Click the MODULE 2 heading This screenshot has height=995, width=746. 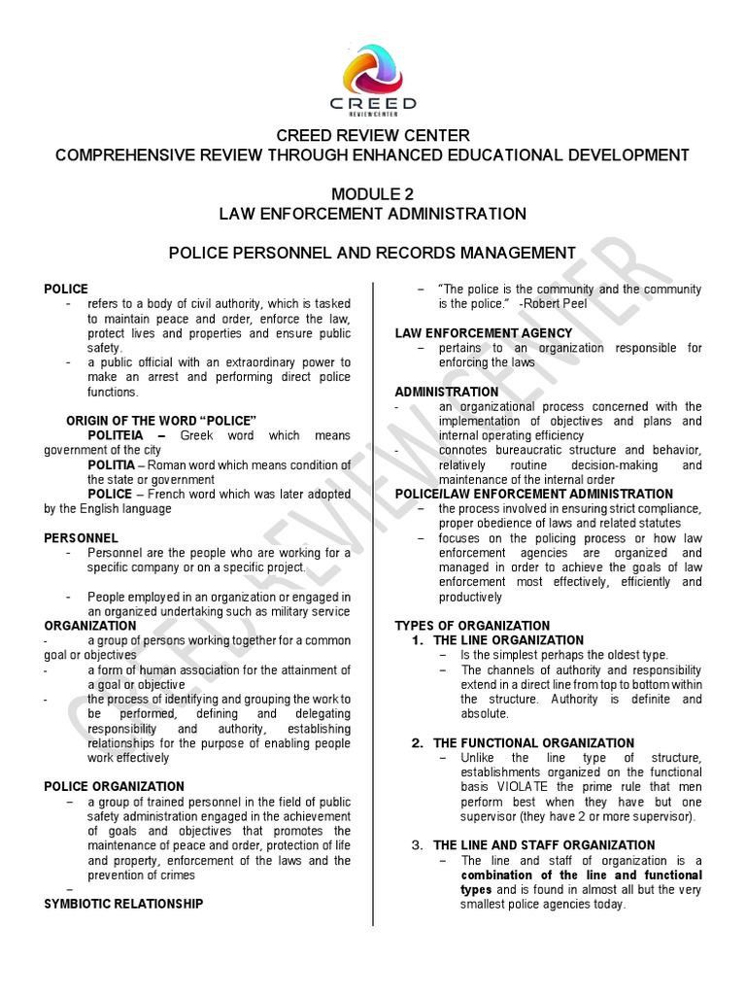pos(372,193)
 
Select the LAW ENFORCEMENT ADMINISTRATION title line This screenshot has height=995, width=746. pos(372,214)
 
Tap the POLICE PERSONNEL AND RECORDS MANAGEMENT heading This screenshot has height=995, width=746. pos(372,253)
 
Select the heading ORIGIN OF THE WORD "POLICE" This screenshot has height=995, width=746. pos(161,420)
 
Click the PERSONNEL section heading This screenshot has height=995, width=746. pos(82,537)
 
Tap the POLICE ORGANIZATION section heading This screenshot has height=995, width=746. pos(114,786)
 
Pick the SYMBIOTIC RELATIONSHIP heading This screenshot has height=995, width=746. pos(123,903)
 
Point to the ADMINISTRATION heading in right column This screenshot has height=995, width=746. pos(446,392)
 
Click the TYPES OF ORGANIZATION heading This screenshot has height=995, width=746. pos(472,626)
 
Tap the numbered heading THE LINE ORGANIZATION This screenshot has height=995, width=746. pos(508,640)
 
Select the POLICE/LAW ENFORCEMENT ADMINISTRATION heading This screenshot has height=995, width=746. pos(533,495)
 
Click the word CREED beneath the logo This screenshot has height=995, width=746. pos(372,103)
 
